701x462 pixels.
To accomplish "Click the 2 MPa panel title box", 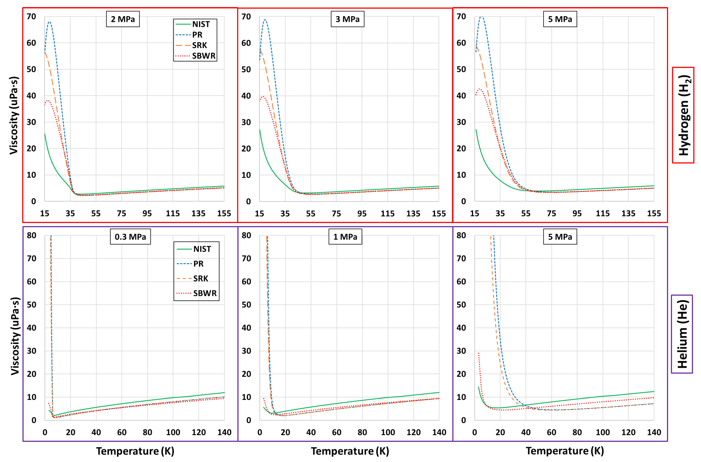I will coord(123,19).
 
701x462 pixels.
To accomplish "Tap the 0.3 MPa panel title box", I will coord(130,237).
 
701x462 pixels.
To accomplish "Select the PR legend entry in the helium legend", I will coord(198,264).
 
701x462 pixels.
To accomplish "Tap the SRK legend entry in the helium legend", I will coord(201,278).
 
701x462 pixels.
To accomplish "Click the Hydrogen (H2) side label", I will coord(683,115).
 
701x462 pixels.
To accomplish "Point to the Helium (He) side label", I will coord(682,334).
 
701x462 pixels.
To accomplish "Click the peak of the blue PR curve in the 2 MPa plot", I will coord(49,22).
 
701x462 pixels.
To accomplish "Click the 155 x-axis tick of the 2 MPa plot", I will coord(224,213).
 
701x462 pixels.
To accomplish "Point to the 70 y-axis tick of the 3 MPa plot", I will coord(246,17).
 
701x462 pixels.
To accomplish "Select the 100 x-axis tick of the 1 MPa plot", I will coord(388,432).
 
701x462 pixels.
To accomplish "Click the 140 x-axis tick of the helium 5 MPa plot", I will coord(654,432).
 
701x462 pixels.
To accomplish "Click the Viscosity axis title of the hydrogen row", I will coord(14,115).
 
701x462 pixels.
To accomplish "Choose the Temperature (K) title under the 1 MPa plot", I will coord(350,451).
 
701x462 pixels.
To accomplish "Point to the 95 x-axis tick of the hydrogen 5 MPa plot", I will coord(577,213).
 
